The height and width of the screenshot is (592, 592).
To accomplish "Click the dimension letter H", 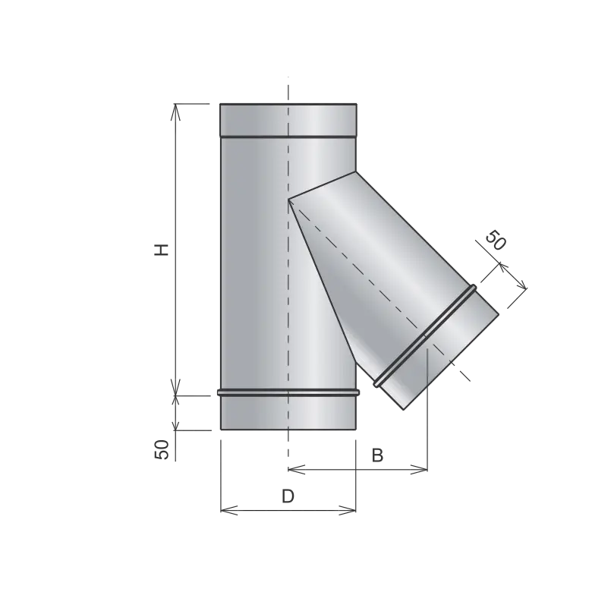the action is tap(162, 250).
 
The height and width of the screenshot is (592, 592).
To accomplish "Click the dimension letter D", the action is tap(288, 496).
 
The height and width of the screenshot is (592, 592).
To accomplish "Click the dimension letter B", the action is tap(377, 455).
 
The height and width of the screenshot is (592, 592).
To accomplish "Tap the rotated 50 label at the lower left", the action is tap(162, 449).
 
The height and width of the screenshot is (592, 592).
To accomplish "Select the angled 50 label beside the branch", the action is tap(495, 240).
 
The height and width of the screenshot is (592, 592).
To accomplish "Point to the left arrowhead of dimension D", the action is tap(228, 511).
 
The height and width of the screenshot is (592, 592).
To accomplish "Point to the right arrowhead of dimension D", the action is tap(348, 511).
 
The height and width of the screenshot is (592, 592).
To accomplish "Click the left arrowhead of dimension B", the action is tap(296, 470).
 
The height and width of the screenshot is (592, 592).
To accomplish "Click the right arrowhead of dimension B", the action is tap(419, 470).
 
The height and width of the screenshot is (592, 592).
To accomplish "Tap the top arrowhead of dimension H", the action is tap(175, 112).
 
